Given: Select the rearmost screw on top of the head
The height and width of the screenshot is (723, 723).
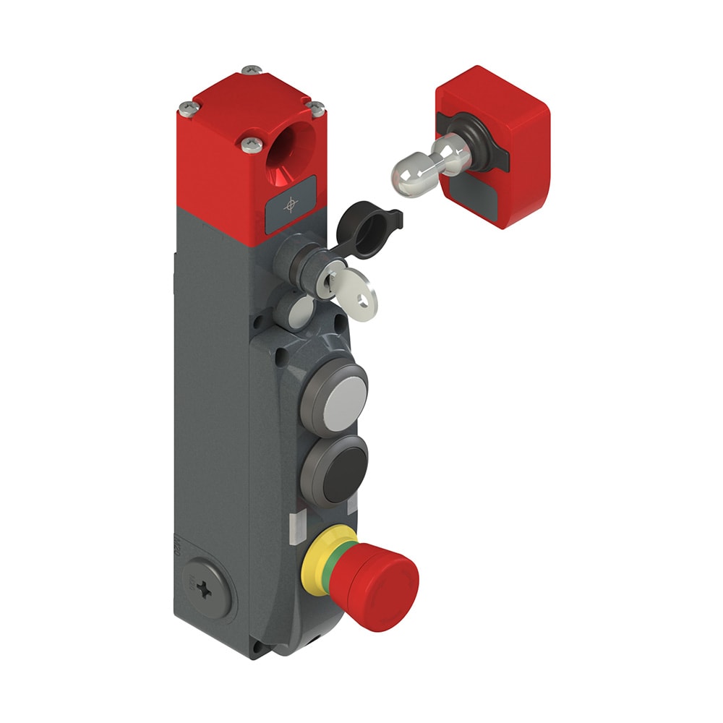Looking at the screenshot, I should pos(251,70).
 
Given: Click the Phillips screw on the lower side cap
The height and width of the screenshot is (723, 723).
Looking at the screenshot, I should pos(207,589).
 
